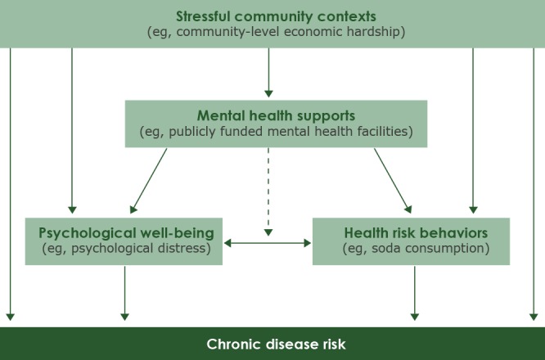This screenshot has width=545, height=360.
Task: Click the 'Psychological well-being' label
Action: click(x=124, y=233)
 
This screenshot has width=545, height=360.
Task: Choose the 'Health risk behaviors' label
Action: click(x=411, y=233)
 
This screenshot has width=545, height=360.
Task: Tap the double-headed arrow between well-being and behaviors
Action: click(x=268, y=243)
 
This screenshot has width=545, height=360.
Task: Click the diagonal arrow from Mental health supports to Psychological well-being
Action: click(x=151, y=181)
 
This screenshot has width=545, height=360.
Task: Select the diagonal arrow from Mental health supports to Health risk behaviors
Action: click(x=393, y=181)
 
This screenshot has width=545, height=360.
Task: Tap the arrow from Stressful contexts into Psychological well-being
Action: click(x=72, y=131)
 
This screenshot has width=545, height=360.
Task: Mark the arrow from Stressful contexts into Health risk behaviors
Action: click(x=473, y=131)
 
